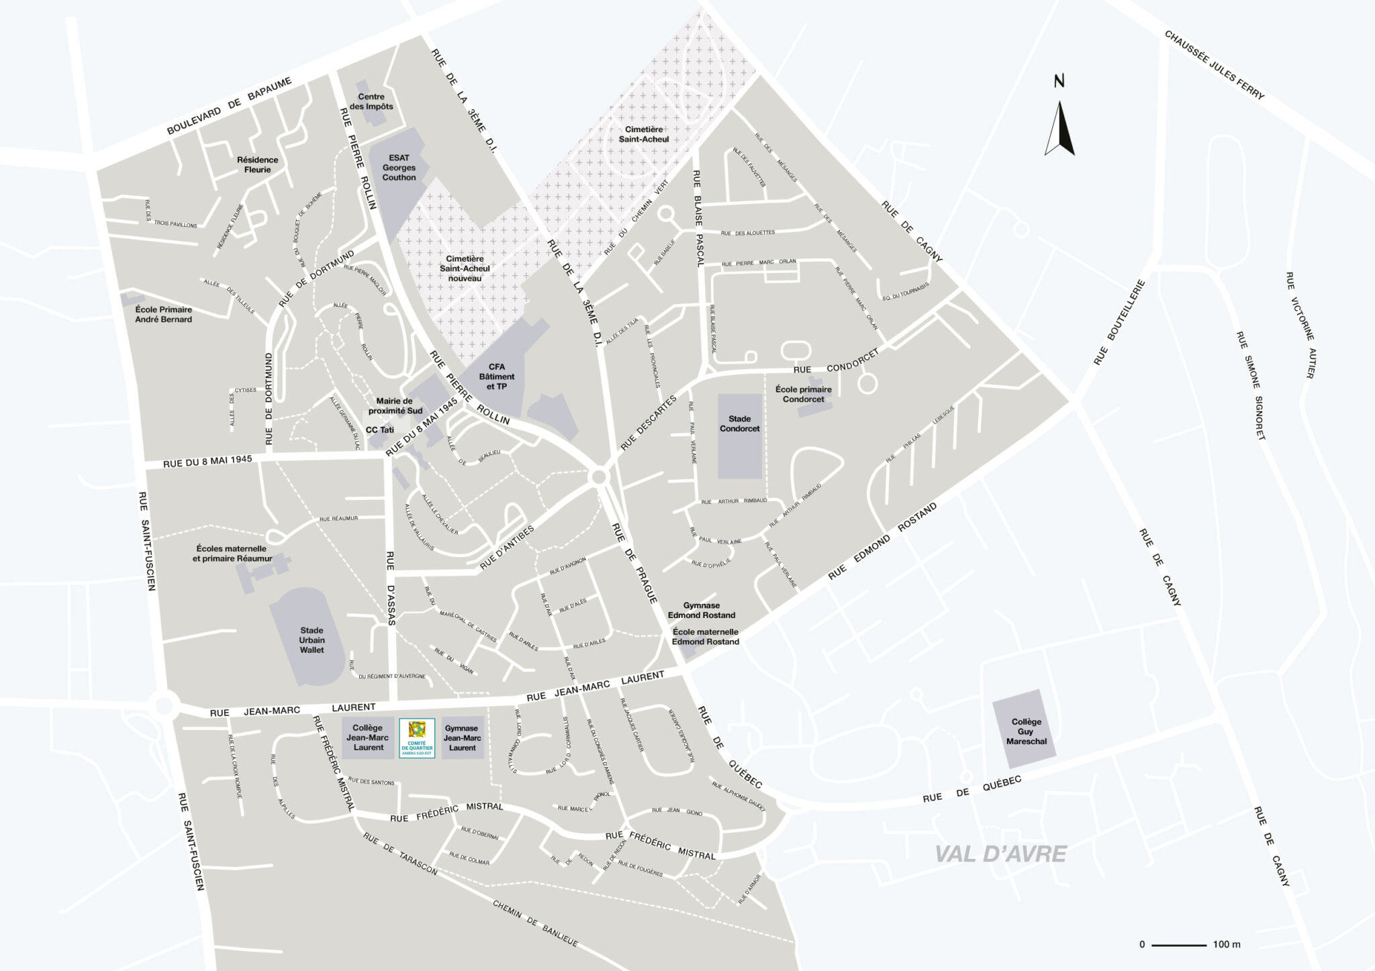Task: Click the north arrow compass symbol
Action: pos(1059,127)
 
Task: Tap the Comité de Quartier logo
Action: pos(417,738)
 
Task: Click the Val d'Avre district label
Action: pos(1000,854)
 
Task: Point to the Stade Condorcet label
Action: pos(739,423)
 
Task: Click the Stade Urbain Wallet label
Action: pos(312,640)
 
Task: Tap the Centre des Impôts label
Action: pos(371,101)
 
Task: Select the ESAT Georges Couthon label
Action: pos(399,168)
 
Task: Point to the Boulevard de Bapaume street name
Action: pos(229,106)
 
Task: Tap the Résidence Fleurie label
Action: pos(257,164)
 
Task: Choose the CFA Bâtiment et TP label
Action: pos(497,376)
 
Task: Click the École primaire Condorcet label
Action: pos(803,394)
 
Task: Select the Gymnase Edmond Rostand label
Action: pos(701,610)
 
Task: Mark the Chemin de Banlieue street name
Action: pos(535,923)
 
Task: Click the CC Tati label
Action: pos(379,429)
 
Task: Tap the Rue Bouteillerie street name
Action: pos(1118,322)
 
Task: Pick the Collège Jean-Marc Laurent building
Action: pos(368,737)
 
